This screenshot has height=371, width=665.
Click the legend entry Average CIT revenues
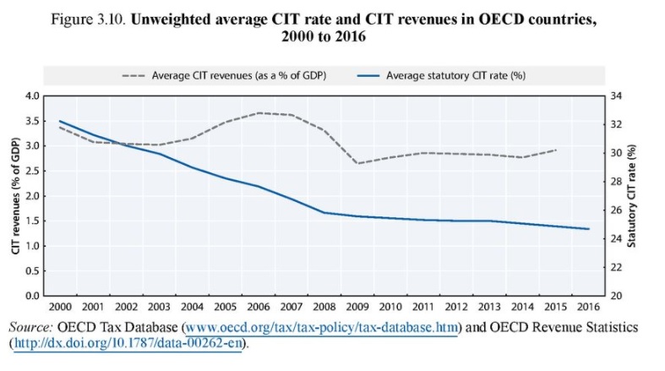click(x=237, y=74)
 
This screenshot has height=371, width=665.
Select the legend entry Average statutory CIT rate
click(x=456, y=74)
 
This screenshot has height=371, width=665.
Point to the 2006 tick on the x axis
click(x=259, y=306)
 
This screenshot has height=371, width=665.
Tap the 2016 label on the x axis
click(x=587, y=306)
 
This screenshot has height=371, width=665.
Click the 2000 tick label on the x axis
click(x=59, y=306)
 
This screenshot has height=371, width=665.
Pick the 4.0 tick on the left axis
click(x=31, y=95)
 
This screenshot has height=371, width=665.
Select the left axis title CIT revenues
click(x=15, y=196)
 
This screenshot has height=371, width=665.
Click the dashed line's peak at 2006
click(x=259, y=112)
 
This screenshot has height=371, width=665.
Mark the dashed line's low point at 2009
click(x=358, y=163)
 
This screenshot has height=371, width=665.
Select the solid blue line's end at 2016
click(x=588, y=229)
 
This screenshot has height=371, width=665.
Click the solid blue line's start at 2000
click(x=59, y=121)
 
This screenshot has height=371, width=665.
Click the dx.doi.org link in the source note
click(x=127, y=344)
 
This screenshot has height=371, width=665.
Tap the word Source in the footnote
click(x=30, y=326)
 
